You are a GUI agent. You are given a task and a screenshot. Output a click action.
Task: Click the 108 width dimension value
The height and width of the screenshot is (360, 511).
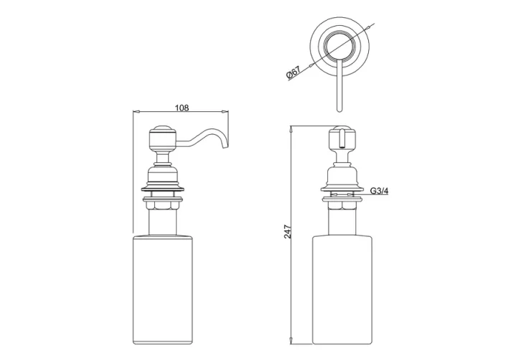tap(182, 108)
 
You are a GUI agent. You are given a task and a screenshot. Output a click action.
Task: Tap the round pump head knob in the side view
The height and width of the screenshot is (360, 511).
tap(161, 136)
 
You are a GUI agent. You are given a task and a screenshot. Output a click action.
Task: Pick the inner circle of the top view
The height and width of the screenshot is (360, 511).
tap(338, 47)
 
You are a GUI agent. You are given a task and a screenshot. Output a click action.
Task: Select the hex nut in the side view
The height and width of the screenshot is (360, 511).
tap(164, 205)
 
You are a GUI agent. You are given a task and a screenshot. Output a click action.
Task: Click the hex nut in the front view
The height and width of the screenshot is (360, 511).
tap(342, 205)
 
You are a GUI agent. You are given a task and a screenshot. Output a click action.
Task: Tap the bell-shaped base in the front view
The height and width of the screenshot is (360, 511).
tap(342, 176)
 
